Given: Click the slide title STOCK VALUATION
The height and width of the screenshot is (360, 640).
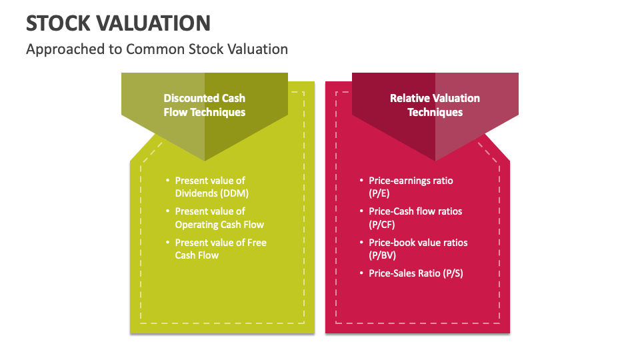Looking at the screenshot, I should (118, 23).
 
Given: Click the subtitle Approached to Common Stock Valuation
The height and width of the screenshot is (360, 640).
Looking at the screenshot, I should (157, 49).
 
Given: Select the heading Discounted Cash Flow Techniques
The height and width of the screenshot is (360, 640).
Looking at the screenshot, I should (204, 105).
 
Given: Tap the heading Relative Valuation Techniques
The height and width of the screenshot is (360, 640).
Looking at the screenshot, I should (435, 105).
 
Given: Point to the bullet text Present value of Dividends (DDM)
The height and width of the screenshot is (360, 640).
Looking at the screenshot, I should (210, 187).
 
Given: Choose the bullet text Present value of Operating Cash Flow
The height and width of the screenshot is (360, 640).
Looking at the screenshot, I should (219, 218).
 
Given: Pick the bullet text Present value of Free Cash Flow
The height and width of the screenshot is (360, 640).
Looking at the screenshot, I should (221, 249).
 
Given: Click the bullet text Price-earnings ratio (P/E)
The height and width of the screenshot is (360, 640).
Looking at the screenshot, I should (411, 187).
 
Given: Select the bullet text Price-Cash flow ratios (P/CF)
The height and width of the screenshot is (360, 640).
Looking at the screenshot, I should (415, 218).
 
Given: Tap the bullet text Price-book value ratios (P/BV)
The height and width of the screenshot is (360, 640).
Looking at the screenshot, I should (418, 249).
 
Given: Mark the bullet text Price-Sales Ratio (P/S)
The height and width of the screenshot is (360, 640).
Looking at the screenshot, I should (415, 273).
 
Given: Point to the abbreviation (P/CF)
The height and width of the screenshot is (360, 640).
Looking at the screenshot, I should (382, 225).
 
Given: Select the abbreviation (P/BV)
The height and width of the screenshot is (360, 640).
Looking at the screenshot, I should (383, 255).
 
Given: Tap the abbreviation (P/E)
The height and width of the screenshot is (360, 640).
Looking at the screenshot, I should (379, 193).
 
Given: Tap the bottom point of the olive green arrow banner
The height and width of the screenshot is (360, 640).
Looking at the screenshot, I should (205, 159).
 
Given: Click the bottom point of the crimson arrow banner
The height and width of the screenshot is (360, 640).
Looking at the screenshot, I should (435, 159).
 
